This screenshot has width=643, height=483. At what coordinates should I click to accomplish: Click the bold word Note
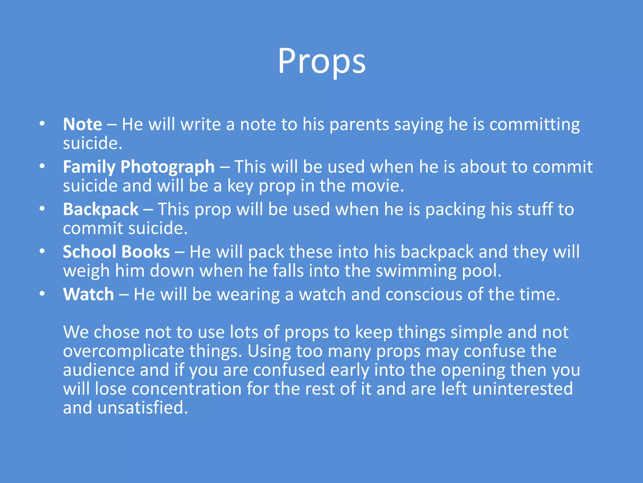pyautogui.click(x=82, y=124)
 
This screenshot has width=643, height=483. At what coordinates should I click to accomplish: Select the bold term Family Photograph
pyautogui.click(x=139, y=167)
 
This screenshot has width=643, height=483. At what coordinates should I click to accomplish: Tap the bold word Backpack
pyautogui.click(x=100, y=209)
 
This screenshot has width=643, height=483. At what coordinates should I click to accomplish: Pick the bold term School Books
pyautogui.click(x=116, y=252)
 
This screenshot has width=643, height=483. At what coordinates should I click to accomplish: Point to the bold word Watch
pyautogui.click(x=89, y=294)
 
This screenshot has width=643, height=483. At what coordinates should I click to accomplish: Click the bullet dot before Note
pyautogui.click(x=42, y=124)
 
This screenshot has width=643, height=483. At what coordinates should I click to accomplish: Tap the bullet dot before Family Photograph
pyautogui.click(x=42, y=166)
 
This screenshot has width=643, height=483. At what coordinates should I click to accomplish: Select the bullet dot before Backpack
pyautogui.click(x=42, y=209)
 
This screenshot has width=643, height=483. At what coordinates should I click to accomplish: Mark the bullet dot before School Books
pyautogui.click(x=42, y=251)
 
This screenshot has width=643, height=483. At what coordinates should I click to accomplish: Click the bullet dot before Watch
pyautogui.click(x=42, y=294)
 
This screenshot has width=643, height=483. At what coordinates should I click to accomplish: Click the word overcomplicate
pyautogui.click(x=123, y=351)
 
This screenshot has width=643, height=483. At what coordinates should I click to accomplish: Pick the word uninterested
pyautogui.click(x=522, y=389)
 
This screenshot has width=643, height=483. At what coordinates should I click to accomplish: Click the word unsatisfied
pyautogui.click(x=143, y=408)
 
